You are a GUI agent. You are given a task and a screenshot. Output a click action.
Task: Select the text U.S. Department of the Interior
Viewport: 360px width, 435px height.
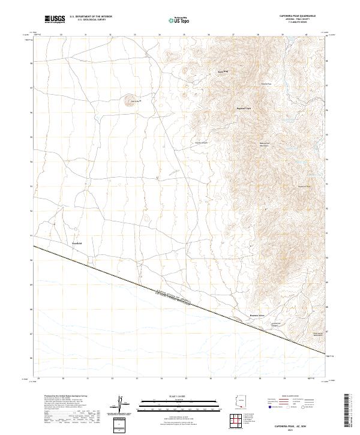point(91,17)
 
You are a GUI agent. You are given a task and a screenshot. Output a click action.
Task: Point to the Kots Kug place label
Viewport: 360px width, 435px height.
point(223,72)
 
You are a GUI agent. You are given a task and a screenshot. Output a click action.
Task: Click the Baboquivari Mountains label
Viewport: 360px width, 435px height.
point(265,144)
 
